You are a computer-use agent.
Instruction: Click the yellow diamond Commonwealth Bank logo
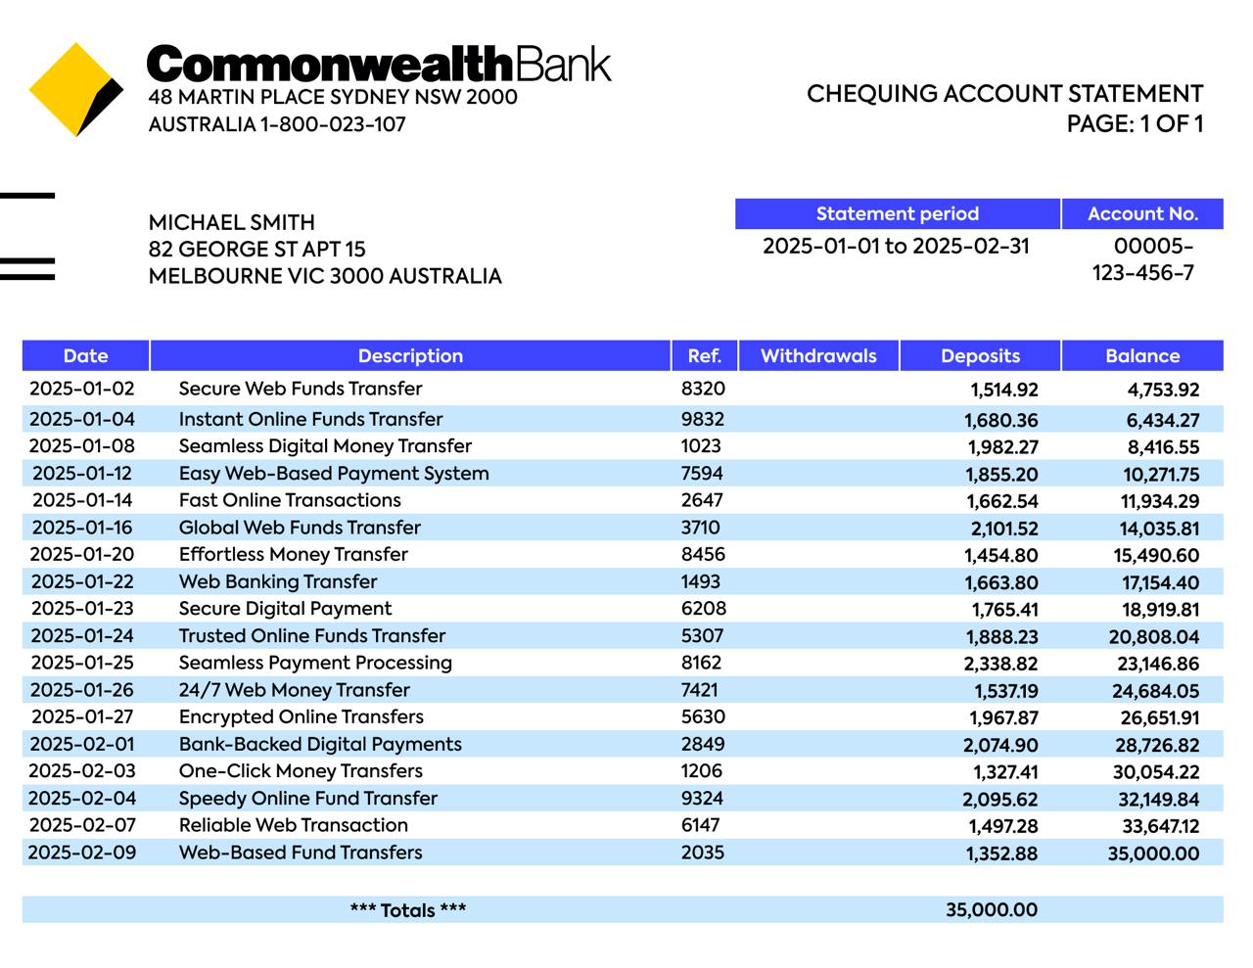click(76, 89)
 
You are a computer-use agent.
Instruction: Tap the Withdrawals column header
click(818, 355)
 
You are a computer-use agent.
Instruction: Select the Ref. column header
click(704, 355)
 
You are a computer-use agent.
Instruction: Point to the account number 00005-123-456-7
click(1143, 259)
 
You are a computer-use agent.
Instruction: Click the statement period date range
click(896, 246)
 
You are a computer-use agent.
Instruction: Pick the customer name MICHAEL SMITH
click(232, 222)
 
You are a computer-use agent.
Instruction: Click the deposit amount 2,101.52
click(1004, 529)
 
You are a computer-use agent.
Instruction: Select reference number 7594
click(702, 474)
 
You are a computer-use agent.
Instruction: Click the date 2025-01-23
click(82, 609)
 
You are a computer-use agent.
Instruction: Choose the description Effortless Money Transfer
click(294, 554)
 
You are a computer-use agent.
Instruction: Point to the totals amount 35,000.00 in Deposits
click(991, 909)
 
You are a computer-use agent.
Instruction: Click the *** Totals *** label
click(408, 910)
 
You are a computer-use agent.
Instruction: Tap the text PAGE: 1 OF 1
click(1135, 123)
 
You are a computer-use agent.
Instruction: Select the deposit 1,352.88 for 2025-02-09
click(1001, 853)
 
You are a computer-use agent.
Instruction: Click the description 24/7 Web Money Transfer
click(295, 690)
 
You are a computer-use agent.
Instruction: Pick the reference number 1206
click(702, 771)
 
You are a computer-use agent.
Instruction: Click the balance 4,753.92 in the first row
click(1163, 390)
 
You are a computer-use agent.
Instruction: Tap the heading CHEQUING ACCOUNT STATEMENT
click(1004, 94)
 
